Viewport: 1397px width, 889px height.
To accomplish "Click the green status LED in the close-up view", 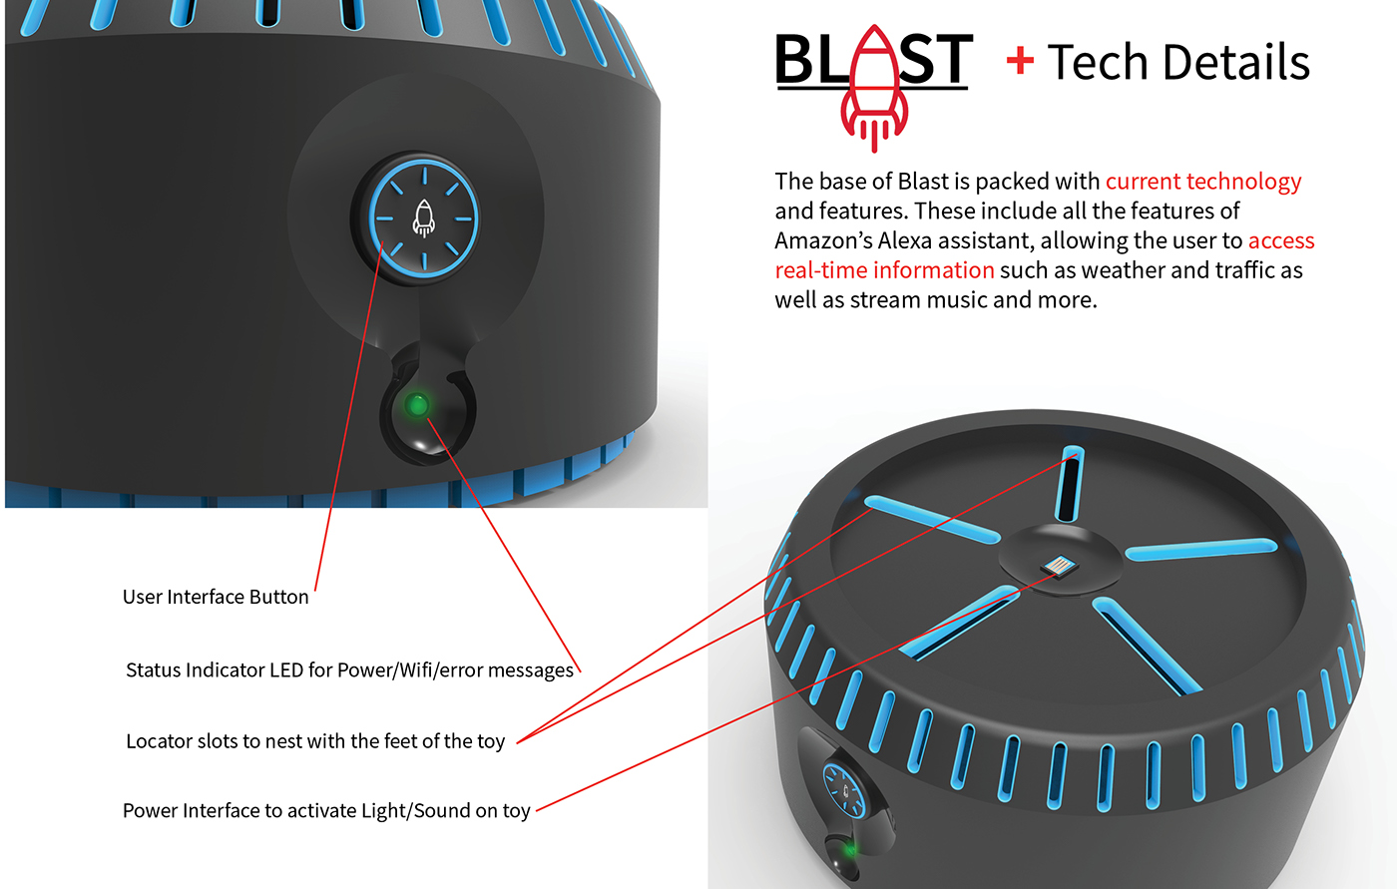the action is point(418,405).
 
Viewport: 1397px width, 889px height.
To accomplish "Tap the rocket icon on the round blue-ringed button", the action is point(424,219).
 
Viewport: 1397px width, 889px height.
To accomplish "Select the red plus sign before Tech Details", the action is point(1020,62).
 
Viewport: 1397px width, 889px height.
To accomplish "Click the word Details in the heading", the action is point(1234,63).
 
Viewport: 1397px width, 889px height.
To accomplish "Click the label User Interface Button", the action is point(216,597).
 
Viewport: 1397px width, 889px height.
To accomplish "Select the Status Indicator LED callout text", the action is point(349,669).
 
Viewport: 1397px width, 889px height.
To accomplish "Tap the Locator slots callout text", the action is point(315,740).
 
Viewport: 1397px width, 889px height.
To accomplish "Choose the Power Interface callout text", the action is point(326,810).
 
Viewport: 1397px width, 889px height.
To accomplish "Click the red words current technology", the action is point(1203,181).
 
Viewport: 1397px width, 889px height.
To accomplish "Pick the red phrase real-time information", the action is point(884,269).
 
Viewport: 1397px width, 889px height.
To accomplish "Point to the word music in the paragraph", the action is point(966,299).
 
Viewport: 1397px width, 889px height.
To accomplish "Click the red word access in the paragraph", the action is point(1281,240).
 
